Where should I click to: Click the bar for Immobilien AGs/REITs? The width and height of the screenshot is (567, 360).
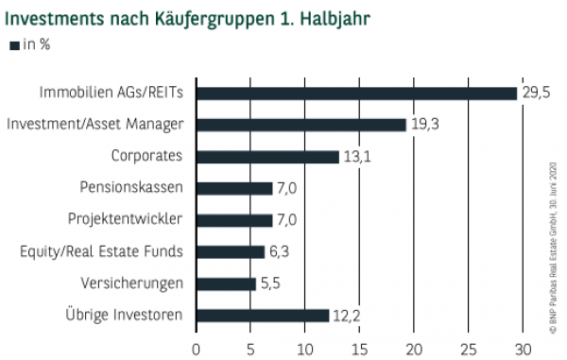[356, 93]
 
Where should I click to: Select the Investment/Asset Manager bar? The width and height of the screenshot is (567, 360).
[301, 125]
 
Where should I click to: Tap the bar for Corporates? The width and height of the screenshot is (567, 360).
[267, 157]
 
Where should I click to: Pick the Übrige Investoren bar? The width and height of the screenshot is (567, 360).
[263, 315]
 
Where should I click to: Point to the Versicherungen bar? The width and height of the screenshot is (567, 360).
[226, 283]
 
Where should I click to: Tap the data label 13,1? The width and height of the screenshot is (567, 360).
[355, 157]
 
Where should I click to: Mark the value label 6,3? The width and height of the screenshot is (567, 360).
[282, 251]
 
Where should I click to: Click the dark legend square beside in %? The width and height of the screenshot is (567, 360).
[13, 45]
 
